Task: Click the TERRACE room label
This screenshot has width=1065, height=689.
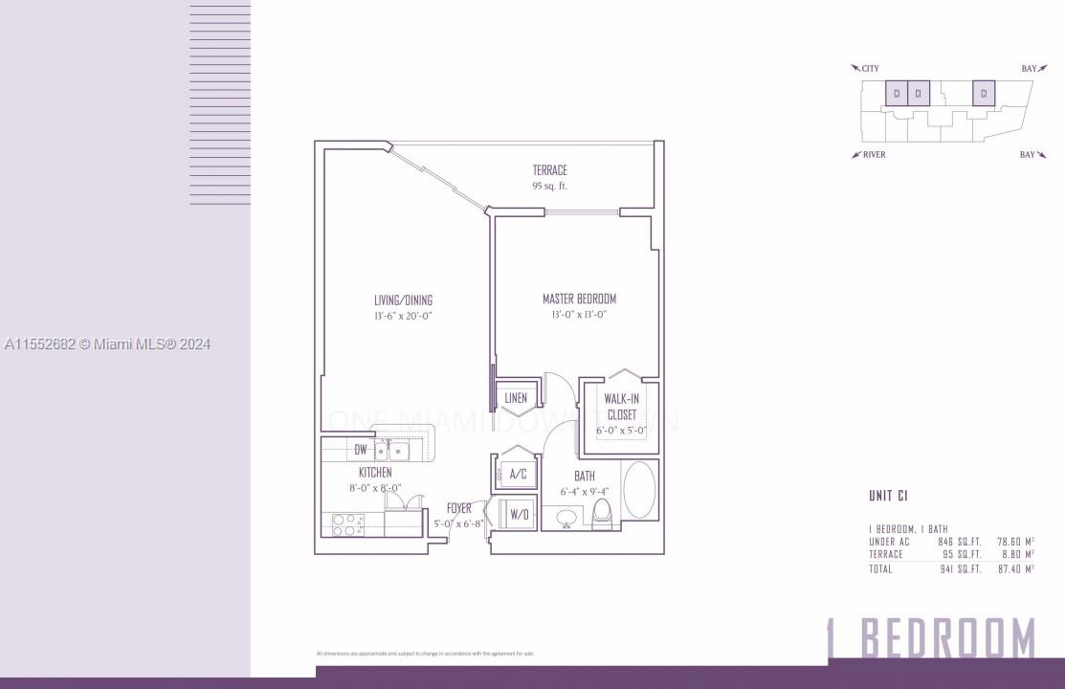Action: (x=550, y=170)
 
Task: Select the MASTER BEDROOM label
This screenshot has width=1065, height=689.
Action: (x=579, y=299)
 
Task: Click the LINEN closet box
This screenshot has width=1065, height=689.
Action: (x=516, y=398)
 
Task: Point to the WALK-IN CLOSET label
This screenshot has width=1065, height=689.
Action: (x=620, y=407)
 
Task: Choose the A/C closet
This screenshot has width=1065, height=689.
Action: (x=517, y=474)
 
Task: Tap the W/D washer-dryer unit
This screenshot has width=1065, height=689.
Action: (x=518, y=514)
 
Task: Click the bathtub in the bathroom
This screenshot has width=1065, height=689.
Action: (x=639, y=489)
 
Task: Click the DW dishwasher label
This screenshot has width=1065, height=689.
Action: (x=361, y=449)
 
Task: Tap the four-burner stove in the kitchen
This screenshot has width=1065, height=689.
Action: (x=348, y=523)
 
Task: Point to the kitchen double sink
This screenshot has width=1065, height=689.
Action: (x=392, y=450)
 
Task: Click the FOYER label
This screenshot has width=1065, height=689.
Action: (x=459, y=508)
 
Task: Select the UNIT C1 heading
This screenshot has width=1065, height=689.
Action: (x=888, y=496)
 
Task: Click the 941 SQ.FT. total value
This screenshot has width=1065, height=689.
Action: (x=961, y=569)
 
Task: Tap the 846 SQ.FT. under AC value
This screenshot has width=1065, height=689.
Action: (x=961, y=542)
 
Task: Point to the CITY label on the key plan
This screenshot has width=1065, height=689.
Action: (x=870, y=69)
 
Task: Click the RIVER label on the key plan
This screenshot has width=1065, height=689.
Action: (x=874, y=155)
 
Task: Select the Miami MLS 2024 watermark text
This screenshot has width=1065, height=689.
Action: (x=107, y=344)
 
